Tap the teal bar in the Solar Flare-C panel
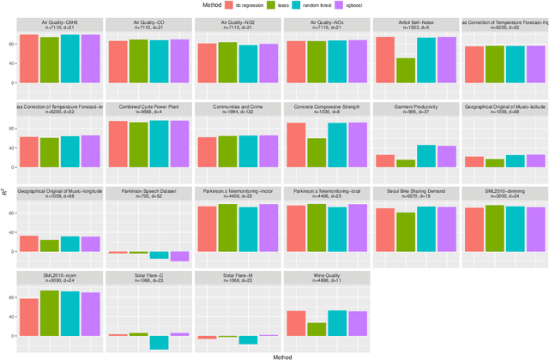pos(158,341)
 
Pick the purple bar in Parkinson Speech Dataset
pos(178,255)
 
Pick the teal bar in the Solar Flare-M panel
pos(248,339)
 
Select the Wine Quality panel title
pos(323,276)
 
